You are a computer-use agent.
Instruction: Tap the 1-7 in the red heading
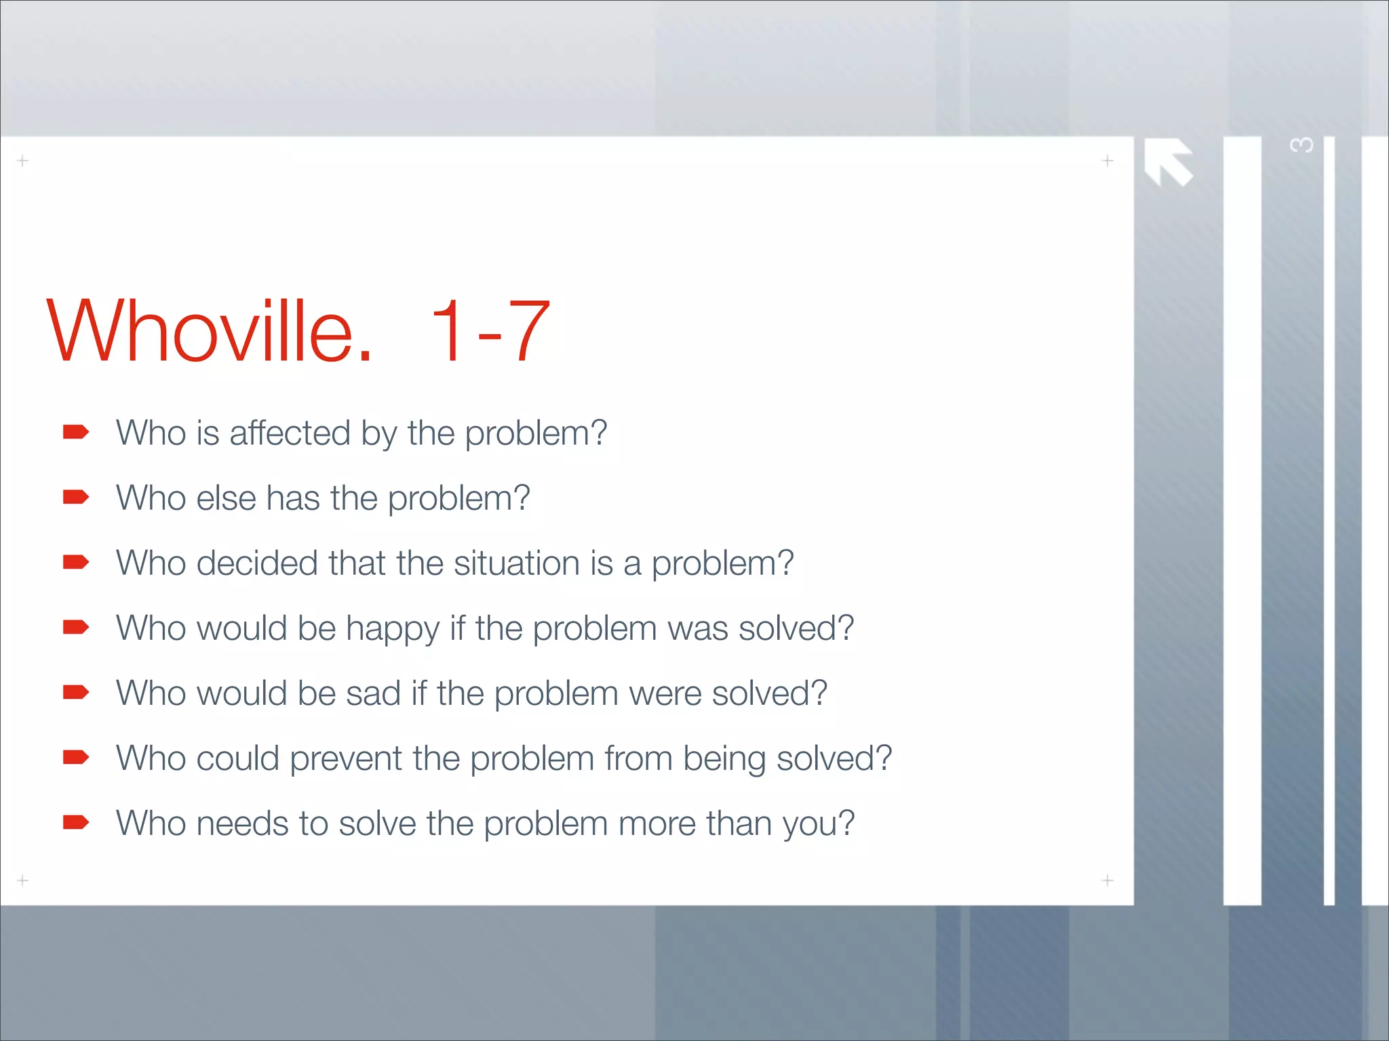tap(489, 332)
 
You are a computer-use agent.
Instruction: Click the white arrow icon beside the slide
tap(1168, 162)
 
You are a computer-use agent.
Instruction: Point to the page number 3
tap(1302, 146)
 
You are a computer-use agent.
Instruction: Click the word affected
tap(290, 433)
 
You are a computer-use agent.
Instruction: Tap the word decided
tap(257, 563)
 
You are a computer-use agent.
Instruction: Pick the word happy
tap(393, 629)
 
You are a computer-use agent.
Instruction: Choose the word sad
tap(373, 693)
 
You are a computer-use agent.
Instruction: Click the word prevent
tap(346, 759)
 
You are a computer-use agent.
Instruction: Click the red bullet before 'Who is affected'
tap(76, 432)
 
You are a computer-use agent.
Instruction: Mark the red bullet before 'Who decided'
tap(76, 563)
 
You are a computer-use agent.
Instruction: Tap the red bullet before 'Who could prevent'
tap(76, 757)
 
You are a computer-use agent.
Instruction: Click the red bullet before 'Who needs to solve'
tap(76, 822)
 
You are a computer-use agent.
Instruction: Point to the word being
tap(724, 759)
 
